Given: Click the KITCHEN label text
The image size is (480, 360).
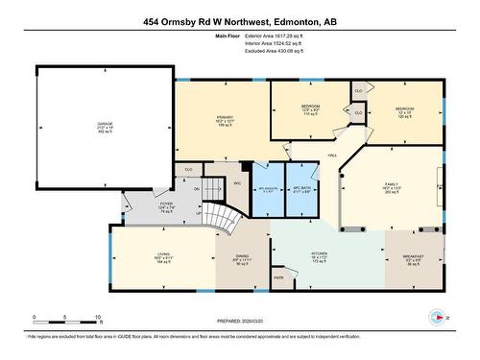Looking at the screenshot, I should pyautogui.click(x=293, y=255).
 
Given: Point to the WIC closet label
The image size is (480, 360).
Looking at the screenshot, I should pyautogui.click(x=236, y=181).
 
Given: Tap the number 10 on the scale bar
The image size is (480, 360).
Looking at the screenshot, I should pyautogui.click(x=97, y=317).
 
